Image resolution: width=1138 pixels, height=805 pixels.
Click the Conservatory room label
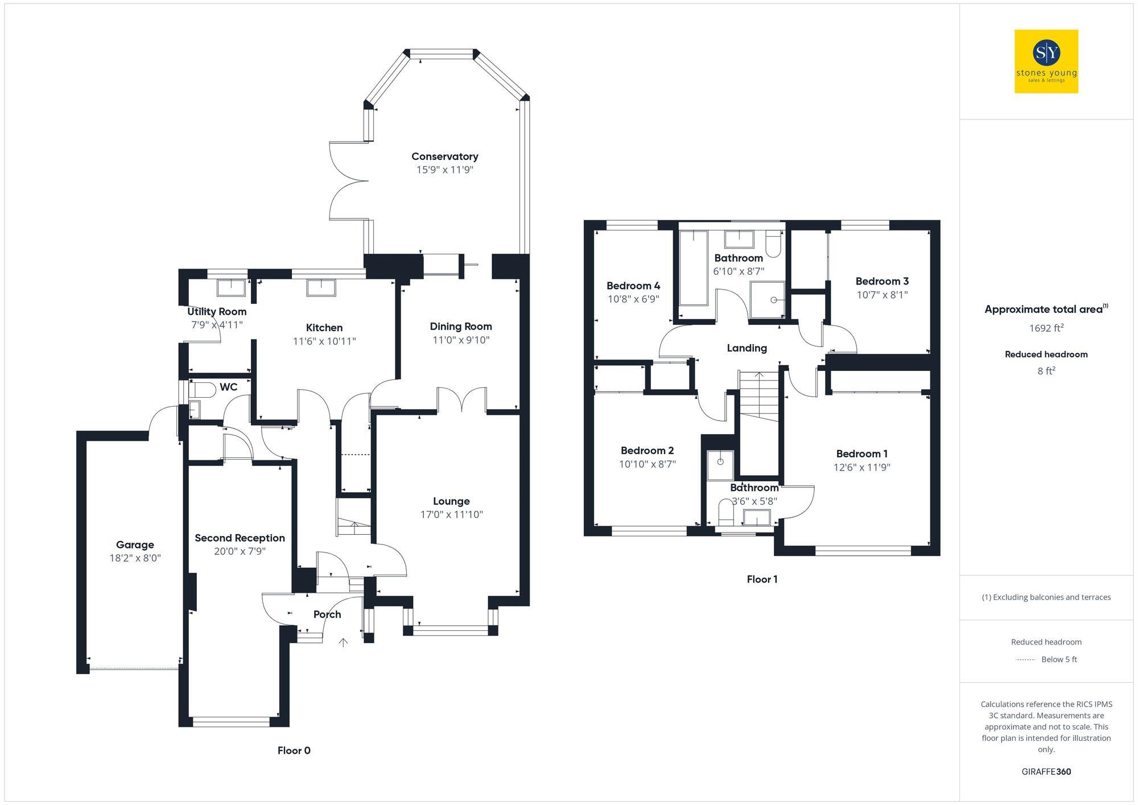(x=444, y=156)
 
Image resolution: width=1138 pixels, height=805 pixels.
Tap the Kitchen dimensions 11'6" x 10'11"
(x=324, y=341)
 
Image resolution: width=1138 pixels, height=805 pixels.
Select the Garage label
(x=135, y=544)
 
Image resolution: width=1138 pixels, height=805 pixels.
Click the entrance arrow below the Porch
(x=343, y=643)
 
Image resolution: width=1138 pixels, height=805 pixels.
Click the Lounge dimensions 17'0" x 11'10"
(x=451, y=514)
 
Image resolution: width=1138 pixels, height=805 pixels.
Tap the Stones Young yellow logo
(x=1046, y=61)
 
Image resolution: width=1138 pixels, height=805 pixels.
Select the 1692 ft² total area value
(x=1046, y=328)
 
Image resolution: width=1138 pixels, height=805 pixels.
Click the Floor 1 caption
(x=762, y=579)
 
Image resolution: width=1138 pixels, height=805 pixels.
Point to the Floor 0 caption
(x=294, y=750)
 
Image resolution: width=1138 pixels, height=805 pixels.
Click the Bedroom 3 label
(x=882, y=281)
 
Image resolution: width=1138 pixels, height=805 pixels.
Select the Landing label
(x=747, y=348)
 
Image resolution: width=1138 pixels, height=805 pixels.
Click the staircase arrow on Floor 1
(x=759, y=375)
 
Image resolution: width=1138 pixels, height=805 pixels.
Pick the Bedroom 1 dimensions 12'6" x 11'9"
(x=861, y=467)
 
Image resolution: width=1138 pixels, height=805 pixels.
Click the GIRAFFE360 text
(x=1046, y=771)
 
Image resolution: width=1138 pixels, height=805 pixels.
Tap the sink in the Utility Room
(x=231, y=287)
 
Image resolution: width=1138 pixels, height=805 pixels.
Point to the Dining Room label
(x=460, y=327)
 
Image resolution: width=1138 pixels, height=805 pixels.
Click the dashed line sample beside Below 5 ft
(x=1025, y=660)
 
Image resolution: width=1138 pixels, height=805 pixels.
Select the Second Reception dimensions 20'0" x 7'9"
(x=240, y=551)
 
